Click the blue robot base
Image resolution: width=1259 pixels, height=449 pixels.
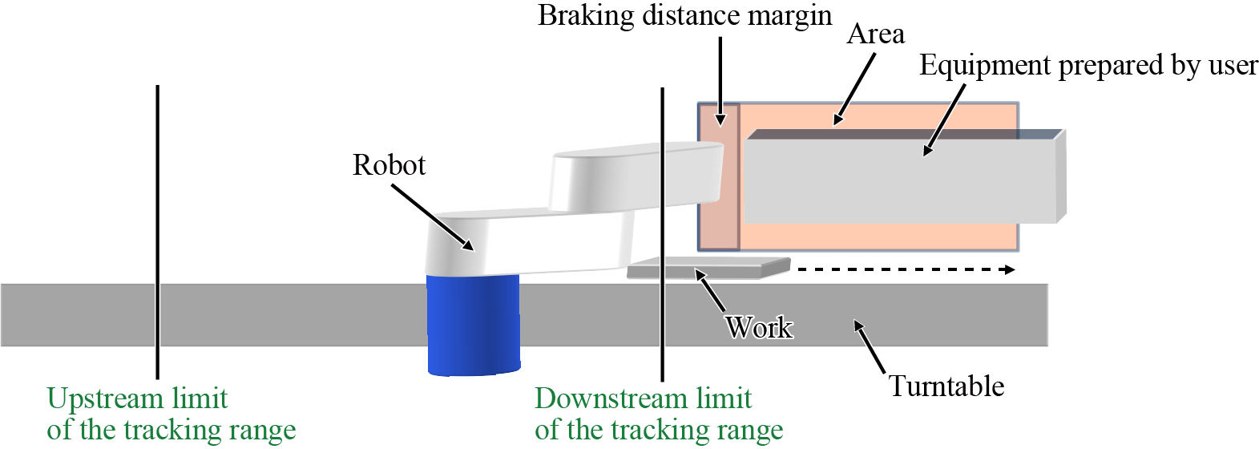click(473, 325)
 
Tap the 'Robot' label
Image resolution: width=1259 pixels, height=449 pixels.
click(389, 165)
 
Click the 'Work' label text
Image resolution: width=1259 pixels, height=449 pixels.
click(758, 327)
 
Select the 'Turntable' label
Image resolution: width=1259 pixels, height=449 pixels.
click(946, 386)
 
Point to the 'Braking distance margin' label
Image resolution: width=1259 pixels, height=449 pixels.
click(684, 16)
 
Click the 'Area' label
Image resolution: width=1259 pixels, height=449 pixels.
click(875, 34)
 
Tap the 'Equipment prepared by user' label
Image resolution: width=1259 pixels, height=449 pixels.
click(1088, 66)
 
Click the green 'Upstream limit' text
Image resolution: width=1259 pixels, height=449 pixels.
click(137, 398)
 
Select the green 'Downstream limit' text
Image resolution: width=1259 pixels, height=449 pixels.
click(643, 398)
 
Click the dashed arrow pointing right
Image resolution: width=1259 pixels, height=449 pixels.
click(906, 269)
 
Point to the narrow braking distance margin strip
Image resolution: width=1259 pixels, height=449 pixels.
click(719, 176)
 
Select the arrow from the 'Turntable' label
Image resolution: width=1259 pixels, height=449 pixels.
click(870, 346)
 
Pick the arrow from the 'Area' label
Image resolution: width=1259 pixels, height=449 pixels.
click(854, 90)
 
